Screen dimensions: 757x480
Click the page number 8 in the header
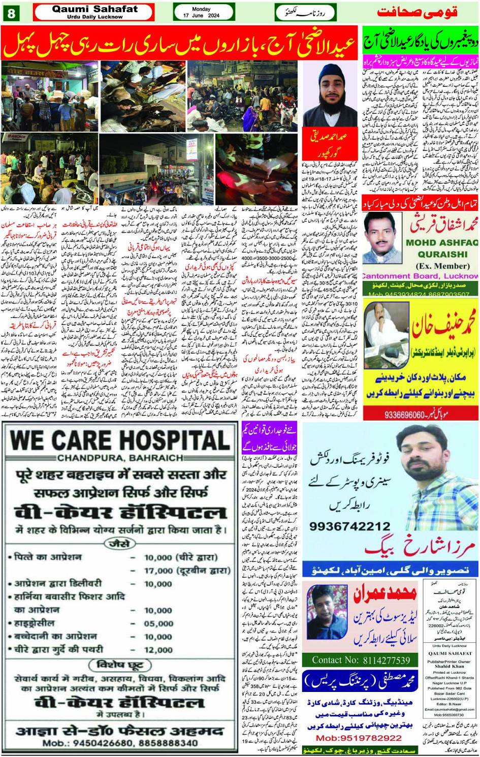point(11,13)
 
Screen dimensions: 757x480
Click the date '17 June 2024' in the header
point(201,16)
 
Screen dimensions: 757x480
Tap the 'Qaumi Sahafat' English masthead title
point(94,9)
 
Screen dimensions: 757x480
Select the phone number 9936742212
point(350,526)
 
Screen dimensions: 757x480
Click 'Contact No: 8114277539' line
point(361,660)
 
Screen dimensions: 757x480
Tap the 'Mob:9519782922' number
point(359,738)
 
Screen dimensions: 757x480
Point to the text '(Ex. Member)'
point(442,266)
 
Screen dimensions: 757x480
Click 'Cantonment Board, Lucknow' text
point(420,276)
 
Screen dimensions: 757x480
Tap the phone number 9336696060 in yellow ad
point(404,415)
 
